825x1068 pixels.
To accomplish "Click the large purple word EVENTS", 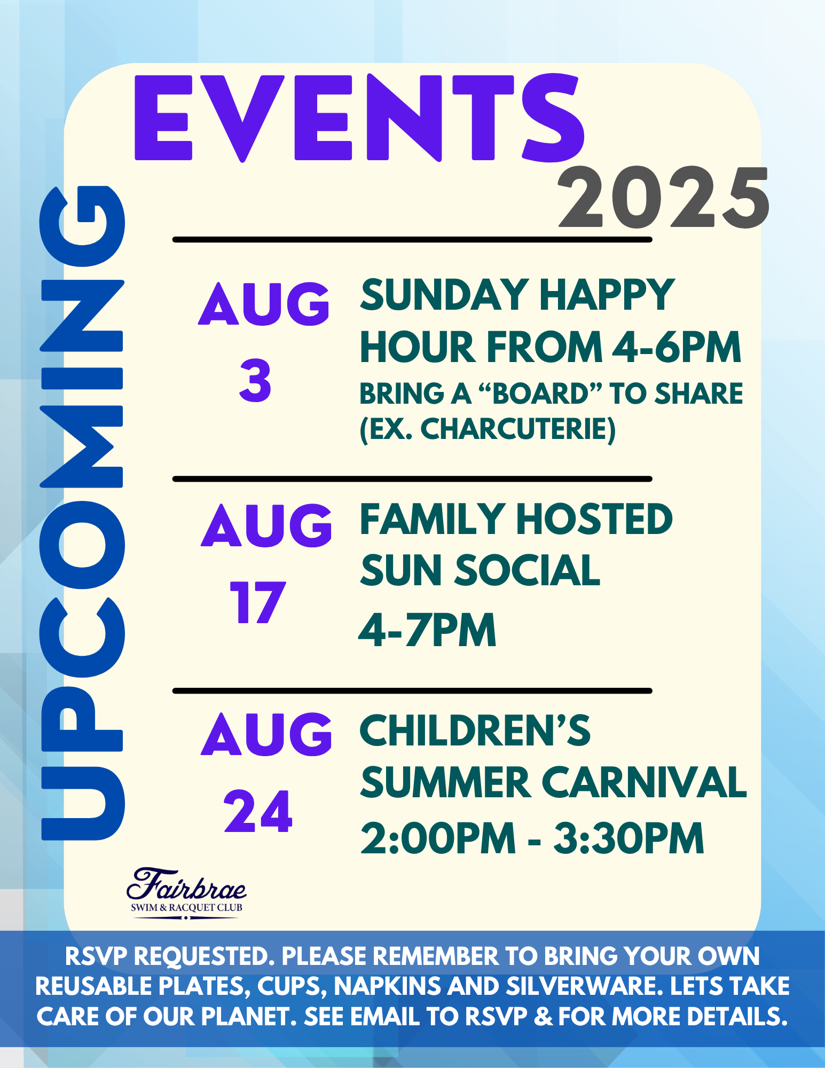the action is pyautogui.click(x=359, y=118).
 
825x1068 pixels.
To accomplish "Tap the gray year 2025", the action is pyautogui.click(x=663, y=198).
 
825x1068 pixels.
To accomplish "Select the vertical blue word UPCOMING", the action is pyautogui.click(x=82, y=513).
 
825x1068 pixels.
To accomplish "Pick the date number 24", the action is pyautogui.click(x=258, y=811).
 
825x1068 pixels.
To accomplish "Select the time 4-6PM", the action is pyautogui.click(x=677, y=347).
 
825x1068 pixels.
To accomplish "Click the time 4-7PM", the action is pyautogui.click(x=427, y=630).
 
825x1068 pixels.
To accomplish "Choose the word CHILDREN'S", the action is pyautogui.click(x=475, y=730).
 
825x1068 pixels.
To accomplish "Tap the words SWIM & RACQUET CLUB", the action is pyautogui.click(x=186, y=907).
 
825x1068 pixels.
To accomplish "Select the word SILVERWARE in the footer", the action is pyautogui.click(x=585, y=986).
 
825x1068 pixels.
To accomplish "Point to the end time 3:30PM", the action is pyautogui.click(x=628, y=838).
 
